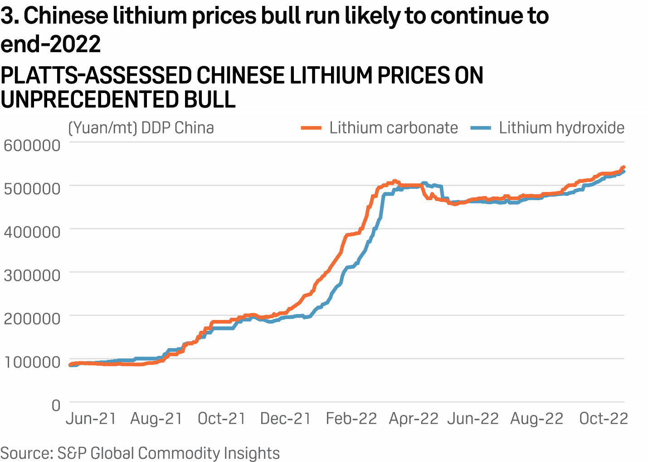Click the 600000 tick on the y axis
tap(32, 145)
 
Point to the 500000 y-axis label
tap(32, 188)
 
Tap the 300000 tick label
tap(32, 275)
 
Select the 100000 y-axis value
tap(32, 362)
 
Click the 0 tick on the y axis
tap(56, 405)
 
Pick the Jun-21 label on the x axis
tap(91, 418)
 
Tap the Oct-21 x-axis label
tap(221, 418)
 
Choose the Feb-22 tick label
tap(351, 418)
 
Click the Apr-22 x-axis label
tap(414, 418)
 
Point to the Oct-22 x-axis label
tap(604, 418)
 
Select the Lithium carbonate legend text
tap(394, 128)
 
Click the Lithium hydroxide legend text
tap(562, 128)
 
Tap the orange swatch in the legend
tap(312, 128)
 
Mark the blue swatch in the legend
tap(481, 128)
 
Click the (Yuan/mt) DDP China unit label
tap(141, 128)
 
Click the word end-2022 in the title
tap(51, 44)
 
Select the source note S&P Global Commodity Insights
tap(140, 453)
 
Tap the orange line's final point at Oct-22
tap(624, 167)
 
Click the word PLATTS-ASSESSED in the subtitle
tap(95, 75)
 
